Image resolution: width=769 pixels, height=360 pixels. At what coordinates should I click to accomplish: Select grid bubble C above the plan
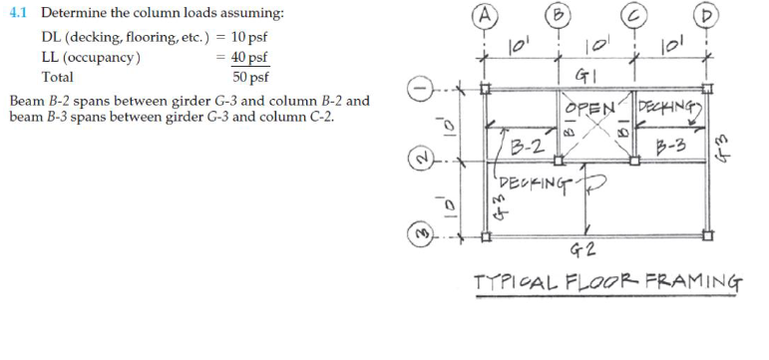633,15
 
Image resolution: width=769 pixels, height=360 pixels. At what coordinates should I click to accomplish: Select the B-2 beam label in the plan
524,151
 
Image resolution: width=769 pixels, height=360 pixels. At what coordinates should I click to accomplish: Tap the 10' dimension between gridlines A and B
518,46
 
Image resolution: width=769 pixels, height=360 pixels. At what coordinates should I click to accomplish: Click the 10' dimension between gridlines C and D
671,46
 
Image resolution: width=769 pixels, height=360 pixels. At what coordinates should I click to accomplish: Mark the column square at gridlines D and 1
708,89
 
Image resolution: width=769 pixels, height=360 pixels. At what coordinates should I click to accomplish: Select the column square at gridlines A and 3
485,237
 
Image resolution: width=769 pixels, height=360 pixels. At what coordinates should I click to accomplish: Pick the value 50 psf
249,76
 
